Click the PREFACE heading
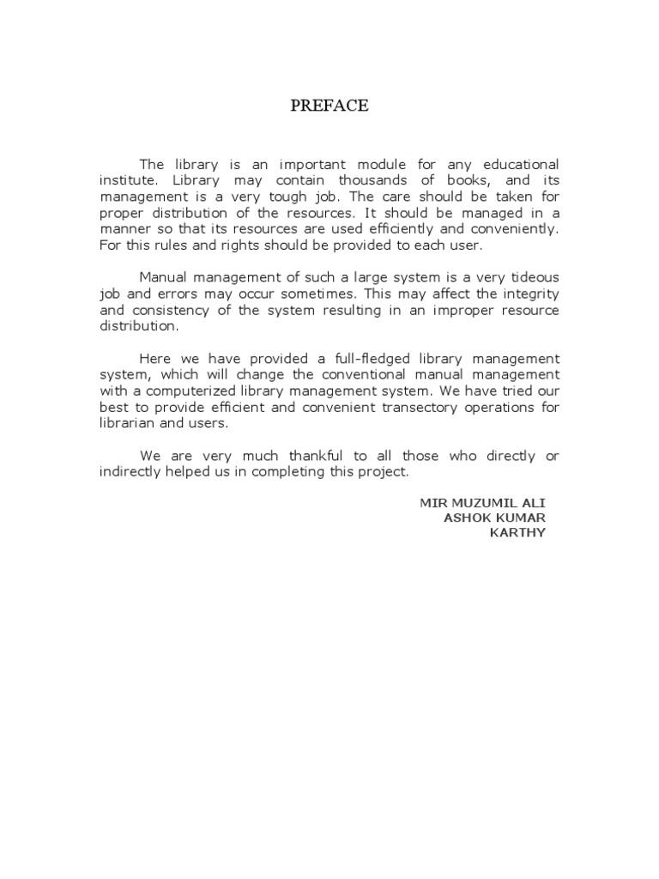tap(329, 106)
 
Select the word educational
tap(518, 164)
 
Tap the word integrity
tap(530, 294)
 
